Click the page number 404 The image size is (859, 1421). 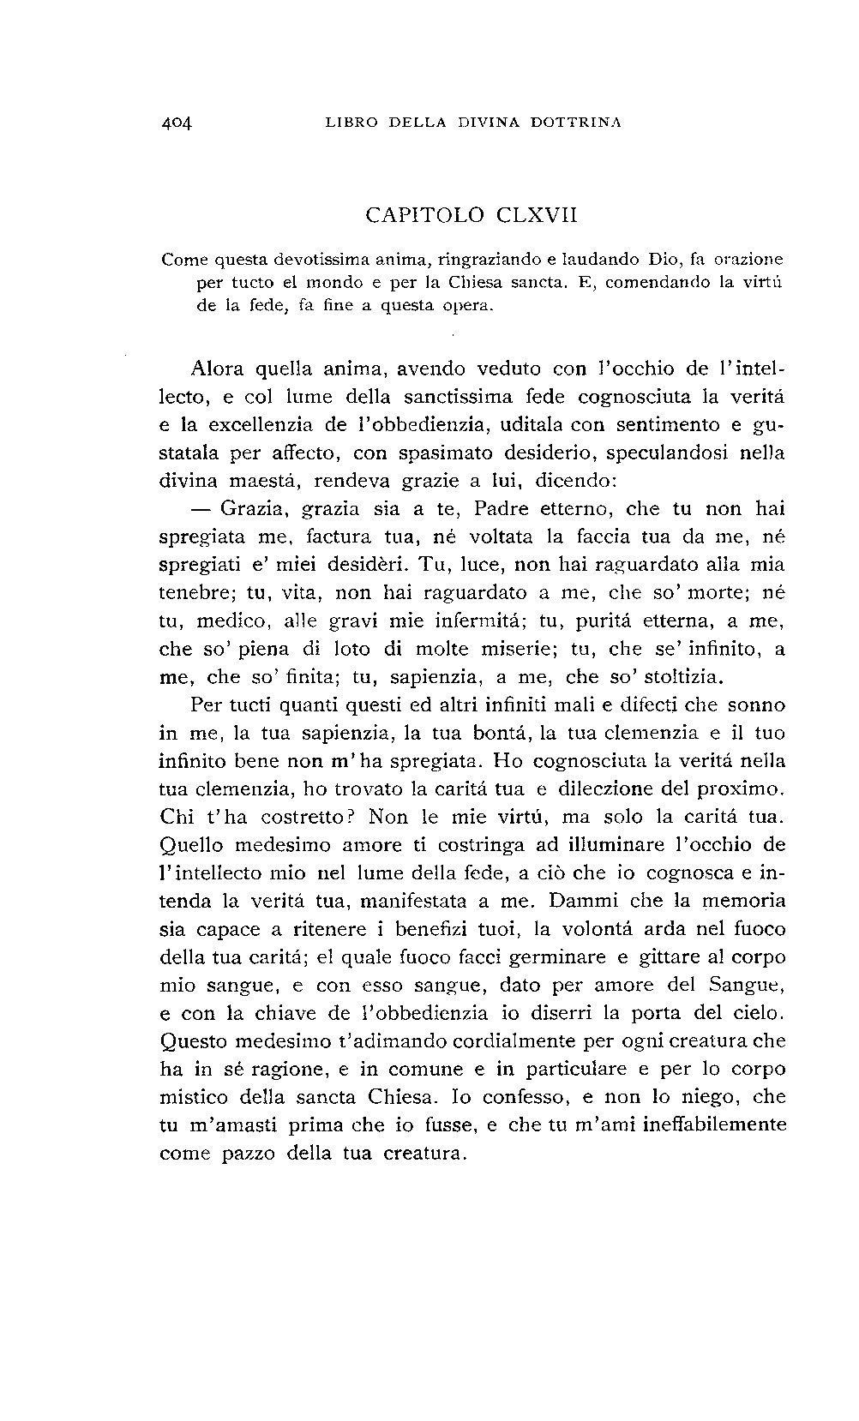(x=178, y=123)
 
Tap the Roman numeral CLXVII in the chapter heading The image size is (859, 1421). (x=537, y=215)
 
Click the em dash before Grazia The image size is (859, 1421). (x=202, y=509)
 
